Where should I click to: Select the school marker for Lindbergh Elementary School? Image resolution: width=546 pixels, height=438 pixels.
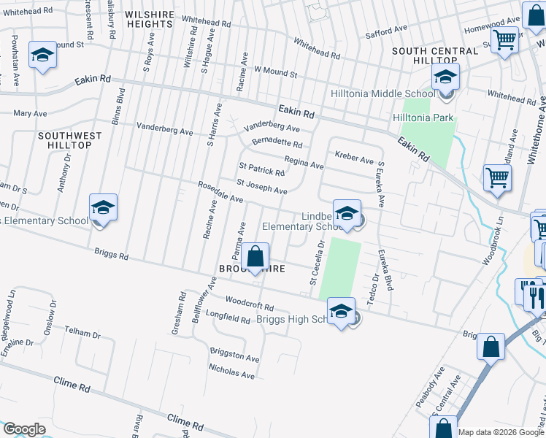pyautogui.click(x=347, y=213)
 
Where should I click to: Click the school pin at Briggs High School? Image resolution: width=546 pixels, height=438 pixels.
pyautogui.click(x=340, y=311)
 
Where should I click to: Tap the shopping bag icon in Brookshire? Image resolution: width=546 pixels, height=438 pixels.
pyautogui.click(x=255, y=257)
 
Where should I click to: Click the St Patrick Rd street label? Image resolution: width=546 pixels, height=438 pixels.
pyautogui.click(x=261, y=171)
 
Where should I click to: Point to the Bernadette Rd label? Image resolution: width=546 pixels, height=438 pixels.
pyautogui.click(x=277, y=143)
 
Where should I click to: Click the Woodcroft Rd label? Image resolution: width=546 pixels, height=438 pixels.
pyautogui.click(x=249, y=304)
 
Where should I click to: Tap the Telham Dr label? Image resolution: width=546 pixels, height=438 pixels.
pyautogui.click(x=82, y=334)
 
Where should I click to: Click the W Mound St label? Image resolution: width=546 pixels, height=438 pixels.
pyautogui.click(x=275, y=74)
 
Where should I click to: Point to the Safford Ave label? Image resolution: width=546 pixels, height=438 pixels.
pyautogui.click(x=391, y=30)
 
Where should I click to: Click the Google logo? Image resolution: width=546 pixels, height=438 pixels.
pyautogui.click(x=23, y=429)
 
